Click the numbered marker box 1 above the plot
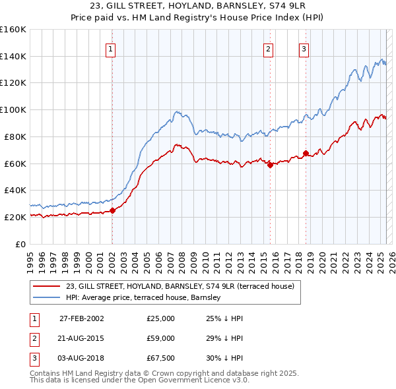click(x=110, y=48)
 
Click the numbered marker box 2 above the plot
click(x=269, y=48)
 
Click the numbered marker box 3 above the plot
click(x=304, y=48)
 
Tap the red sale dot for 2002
click(x=112, y=210)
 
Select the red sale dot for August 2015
click(x=271, y=165)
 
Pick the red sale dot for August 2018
click(x=306, y=154)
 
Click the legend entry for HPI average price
click(x=143, y=297)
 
